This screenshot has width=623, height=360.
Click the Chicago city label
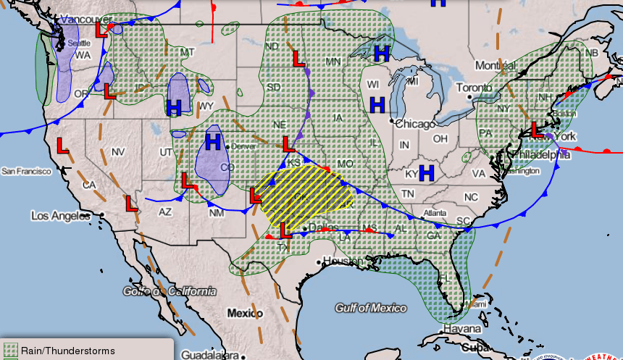(417, 124)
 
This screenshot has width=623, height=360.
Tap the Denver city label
(245, 146)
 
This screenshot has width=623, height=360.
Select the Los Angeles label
(61, 216)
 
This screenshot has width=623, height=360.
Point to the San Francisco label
(26, 172)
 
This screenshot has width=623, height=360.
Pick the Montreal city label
(496, 66)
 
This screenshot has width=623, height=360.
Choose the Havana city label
(461, 329)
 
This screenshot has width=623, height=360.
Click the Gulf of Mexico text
(371, 309)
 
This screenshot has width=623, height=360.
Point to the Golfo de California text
(170, 291)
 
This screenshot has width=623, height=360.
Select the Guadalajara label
(211, 355)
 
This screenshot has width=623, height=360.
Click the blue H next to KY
(426, 172)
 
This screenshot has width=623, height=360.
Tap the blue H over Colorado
(213, 141)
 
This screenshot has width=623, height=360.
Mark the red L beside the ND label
(296, 59)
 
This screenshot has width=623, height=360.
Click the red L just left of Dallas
(286, 229)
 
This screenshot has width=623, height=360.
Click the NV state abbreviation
(119, 151)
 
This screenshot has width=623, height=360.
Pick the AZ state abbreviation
(166, 212)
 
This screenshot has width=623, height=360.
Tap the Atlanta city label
(435, 213)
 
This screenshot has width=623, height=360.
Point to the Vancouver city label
(85, 20)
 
